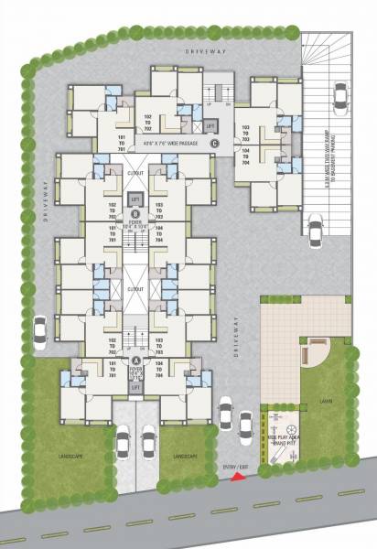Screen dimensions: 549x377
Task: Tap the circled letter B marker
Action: pos(135,213)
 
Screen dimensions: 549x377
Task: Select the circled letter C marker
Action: pos(214,143)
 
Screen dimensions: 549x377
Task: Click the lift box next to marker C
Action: pos(210,124)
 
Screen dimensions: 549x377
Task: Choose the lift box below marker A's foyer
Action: pos(135,389)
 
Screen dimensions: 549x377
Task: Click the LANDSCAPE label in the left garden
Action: pos(69,456)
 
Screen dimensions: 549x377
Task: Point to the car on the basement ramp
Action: pos(339,94)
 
